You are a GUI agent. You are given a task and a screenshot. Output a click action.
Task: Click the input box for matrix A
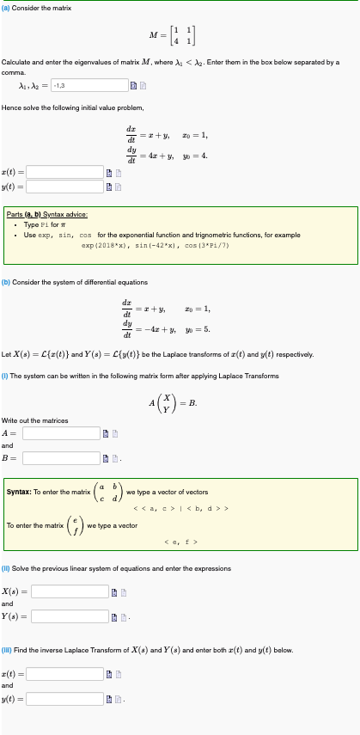coord(63,432)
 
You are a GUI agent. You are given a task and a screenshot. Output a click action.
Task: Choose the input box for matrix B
coord(63,457)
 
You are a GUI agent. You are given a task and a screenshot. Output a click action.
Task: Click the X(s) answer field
coord(71,591)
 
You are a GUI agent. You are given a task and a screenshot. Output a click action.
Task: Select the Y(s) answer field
coord(71,616)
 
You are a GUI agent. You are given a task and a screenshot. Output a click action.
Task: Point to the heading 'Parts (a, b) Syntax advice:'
coord(55,215)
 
